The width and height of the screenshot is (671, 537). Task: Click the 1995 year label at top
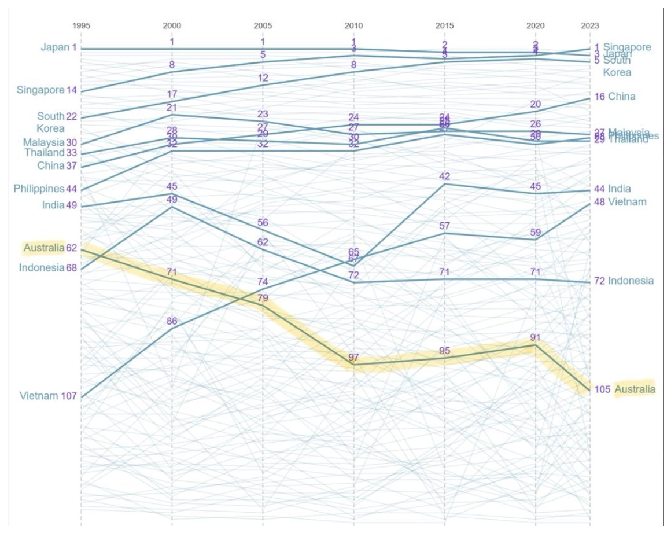81,26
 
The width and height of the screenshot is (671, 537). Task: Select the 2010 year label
353,26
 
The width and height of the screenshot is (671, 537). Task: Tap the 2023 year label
590,26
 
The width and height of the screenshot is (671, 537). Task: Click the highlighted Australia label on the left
44,248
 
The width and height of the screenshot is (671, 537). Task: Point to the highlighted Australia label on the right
635,389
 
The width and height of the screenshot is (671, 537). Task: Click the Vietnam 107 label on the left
39,396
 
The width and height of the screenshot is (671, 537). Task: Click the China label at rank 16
621,97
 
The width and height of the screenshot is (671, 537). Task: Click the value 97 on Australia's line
353,358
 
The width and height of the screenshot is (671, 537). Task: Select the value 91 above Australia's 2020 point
535,337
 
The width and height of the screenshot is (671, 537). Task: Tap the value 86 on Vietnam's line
172,322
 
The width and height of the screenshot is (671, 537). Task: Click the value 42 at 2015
444,176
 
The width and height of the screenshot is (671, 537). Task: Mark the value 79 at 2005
263,299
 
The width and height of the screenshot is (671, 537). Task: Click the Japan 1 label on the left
58,47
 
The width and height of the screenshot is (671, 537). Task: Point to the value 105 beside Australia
602,389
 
